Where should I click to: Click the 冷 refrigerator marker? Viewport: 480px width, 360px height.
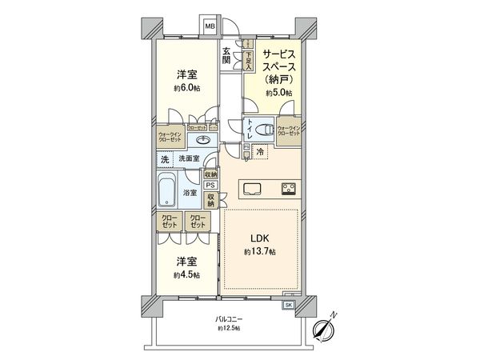[x=260, y=150]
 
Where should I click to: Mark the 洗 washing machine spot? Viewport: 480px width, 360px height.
[x=165, y=160]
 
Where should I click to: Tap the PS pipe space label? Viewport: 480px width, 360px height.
[x=209, y=184]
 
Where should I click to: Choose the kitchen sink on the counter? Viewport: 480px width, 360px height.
[x=252, y=189]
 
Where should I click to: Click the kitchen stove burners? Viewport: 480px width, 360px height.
[x=288, y=189]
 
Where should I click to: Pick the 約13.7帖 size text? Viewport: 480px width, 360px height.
[x=260, y=252]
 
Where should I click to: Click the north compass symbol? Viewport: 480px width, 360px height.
[x=325, y=329]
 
